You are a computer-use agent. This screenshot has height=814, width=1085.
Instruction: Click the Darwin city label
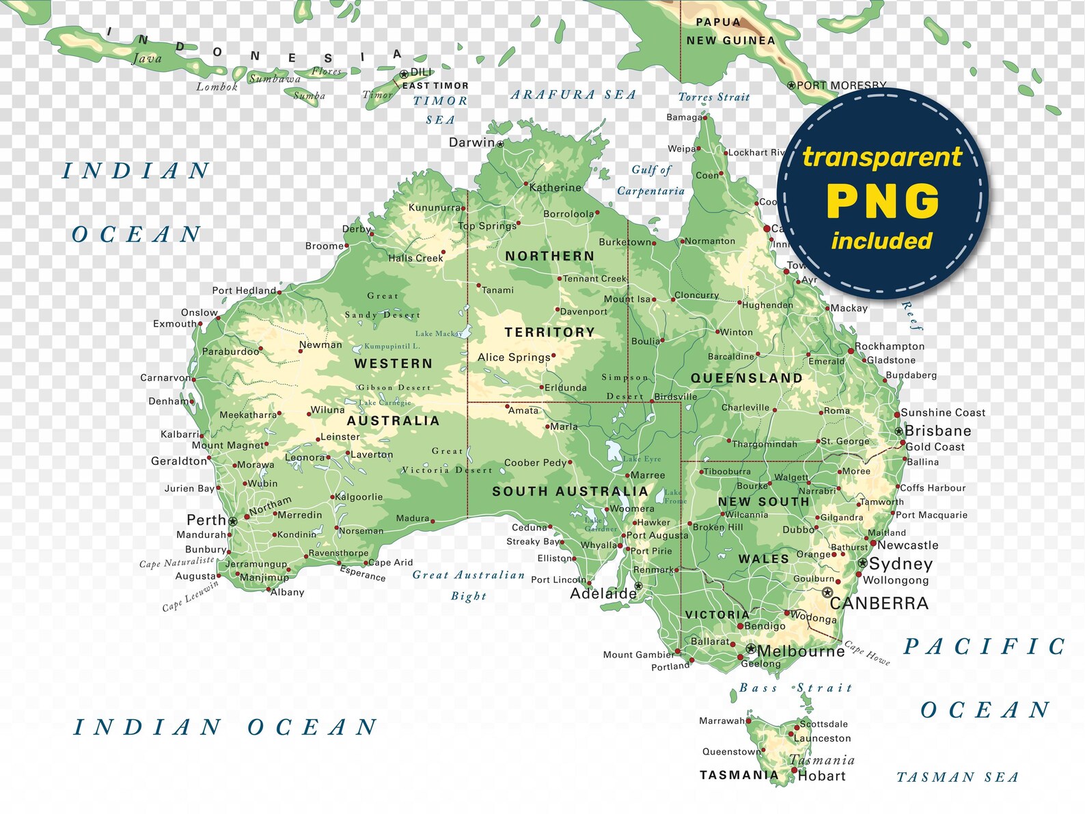point(471,142)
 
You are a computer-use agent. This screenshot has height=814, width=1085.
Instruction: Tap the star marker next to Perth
point(233,521)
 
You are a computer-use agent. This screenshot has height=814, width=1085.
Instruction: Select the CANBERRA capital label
point(879,603)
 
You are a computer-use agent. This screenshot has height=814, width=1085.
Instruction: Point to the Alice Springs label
point(514,357)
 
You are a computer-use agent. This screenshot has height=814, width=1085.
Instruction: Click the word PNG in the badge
point(883,202)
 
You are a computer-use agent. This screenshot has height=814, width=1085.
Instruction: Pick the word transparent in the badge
point(882,157)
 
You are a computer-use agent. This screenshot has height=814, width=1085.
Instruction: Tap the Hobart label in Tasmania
point(821,776)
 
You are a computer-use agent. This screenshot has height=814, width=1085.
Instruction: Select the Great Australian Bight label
point(469,585)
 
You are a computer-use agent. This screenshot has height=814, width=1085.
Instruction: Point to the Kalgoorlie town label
point(359,497)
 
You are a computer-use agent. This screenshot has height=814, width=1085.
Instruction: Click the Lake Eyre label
point(642,459)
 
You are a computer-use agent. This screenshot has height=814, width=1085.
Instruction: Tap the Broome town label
point(325,246)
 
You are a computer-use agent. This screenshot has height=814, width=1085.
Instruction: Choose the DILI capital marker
point(403,73)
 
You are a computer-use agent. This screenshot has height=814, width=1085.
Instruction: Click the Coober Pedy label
point(535,463)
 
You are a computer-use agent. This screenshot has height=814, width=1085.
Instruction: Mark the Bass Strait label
point(796,688)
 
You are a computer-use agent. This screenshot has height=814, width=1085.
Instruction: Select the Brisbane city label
point(937,431)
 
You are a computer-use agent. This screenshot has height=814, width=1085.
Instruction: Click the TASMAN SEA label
point(957,777)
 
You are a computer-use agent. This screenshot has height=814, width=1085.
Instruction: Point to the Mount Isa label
point(627,299)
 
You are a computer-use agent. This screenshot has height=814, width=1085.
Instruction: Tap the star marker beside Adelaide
point(638,586)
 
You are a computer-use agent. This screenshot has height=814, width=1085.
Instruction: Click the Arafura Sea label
point(573,95)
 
